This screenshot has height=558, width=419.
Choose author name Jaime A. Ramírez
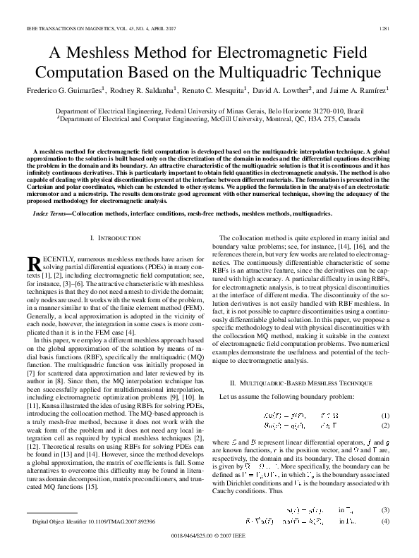click(x=364, y=91)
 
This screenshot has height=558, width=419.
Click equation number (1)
click(x=385, y=416)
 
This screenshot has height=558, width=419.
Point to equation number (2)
click(x=385, y=426)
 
